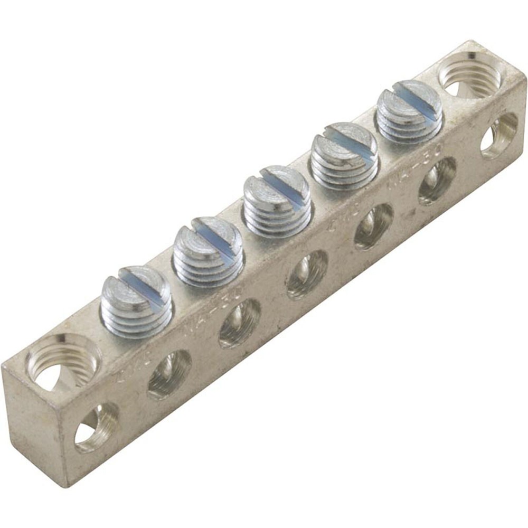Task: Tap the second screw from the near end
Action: (x=208, y=251)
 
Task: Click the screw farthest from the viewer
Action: (x=409, y=111)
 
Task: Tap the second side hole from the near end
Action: (x=169, y=374)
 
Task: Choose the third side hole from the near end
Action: (x=240, y=323)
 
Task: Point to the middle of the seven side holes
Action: (x=307, y=274)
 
